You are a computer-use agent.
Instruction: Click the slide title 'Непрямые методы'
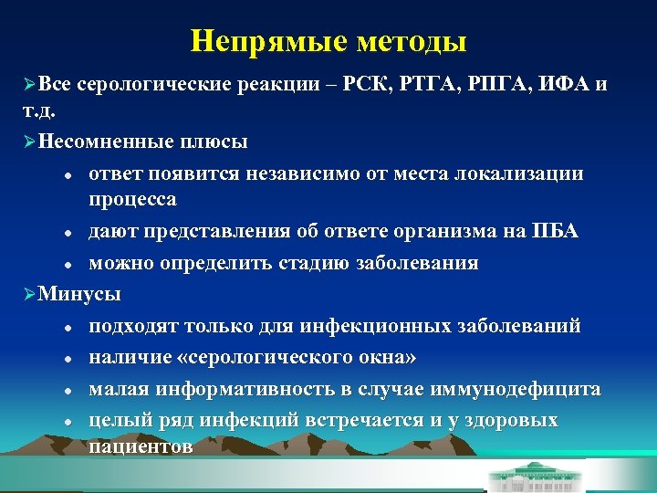click(x=328, y=41)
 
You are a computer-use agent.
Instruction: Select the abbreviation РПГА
click(x=500, y=85)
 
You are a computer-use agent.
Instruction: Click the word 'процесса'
click(x=133, y=198)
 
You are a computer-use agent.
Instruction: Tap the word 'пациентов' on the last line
click(x=141, y=446)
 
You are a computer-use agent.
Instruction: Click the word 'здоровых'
click(x=511, y=420)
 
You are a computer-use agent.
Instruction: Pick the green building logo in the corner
click(x=554, y=474)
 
